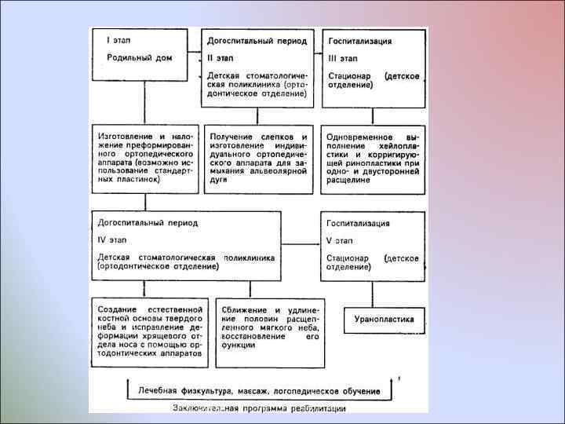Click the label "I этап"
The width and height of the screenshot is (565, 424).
point(118,39)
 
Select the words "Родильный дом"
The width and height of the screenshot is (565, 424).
point(140,57)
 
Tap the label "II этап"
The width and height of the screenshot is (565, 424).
point(221,57)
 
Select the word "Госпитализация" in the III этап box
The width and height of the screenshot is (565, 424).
point(360,40)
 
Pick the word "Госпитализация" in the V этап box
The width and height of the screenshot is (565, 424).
point(358,223)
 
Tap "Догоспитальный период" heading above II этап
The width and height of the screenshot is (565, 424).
point(252,39)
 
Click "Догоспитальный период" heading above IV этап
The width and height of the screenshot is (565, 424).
point(148,223)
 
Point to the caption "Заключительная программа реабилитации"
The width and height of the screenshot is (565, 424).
point(258,408)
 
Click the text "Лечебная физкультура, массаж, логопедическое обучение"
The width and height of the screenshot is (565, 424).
point(259,390)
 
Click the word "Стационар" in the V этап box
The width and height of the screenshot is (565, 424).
point(348,258)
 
